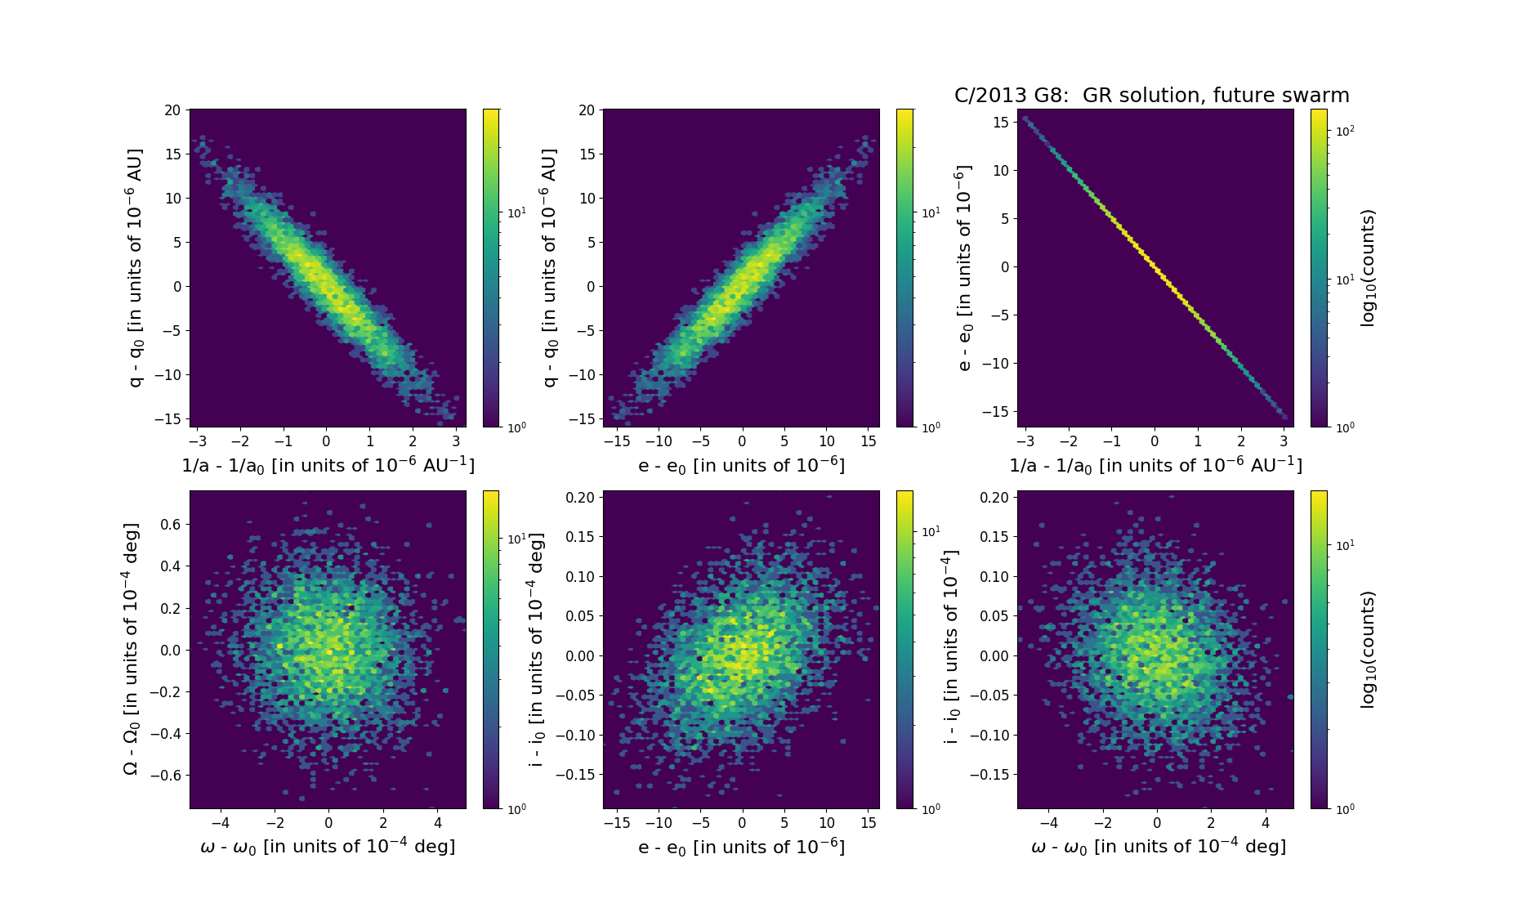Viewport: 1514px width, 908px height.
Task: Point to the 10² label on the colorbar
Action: (x=1345, y=131)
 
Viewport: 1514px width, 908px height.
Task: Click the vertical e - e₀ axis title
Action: (x=964, y=268)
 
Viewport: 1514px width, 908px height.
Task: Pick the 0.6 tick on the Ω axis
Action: (x=170, y=524)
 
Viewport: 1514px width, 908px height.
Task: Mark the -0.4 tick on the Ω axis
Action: (x=166, y=734)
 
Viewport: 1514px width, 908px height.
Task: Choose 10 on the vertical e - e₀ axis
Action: (x=1000, y=170)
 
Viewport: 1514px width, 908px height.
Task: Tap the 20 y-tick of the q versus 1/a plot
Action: (x=172, y=110)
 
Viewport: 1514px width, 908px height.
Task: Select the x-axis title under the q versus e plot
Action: (x=741, y=465)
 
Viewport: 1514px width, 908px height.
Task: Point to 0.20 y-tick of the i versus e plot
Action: (x=582, y=497)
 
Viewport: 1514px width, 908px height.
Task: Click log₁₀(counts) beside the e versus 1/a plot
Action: (x=1368, y=268)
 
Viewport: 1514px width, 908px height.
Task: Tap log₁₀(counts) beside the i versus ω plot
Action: (x=1368, y=650)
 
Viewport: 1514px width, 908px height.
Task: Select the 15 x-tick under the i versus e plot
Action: (x=869, y=823)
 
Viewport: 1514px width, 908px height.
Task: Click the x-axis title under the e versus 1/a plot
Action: (x=1155, y=465)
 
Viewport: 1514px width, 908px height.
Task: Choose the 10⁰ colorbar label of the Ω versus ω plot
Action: (x=517, y=809)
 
